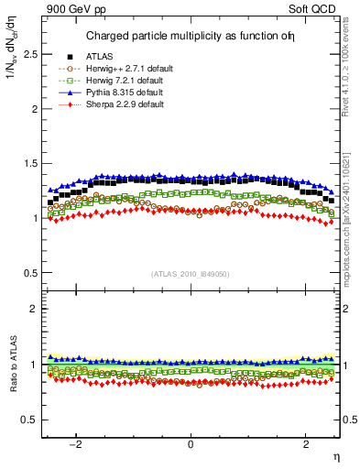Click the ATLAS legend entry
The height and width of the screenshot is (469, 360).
point(101,56)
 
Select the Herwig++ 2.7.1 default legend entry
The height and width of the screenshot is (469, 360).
point(121,69)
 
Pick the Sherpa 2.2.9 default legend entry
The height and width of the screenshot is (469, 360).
point(117,104)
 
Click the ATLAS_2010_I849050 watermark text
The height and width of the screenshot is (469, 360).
point(191,273)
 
